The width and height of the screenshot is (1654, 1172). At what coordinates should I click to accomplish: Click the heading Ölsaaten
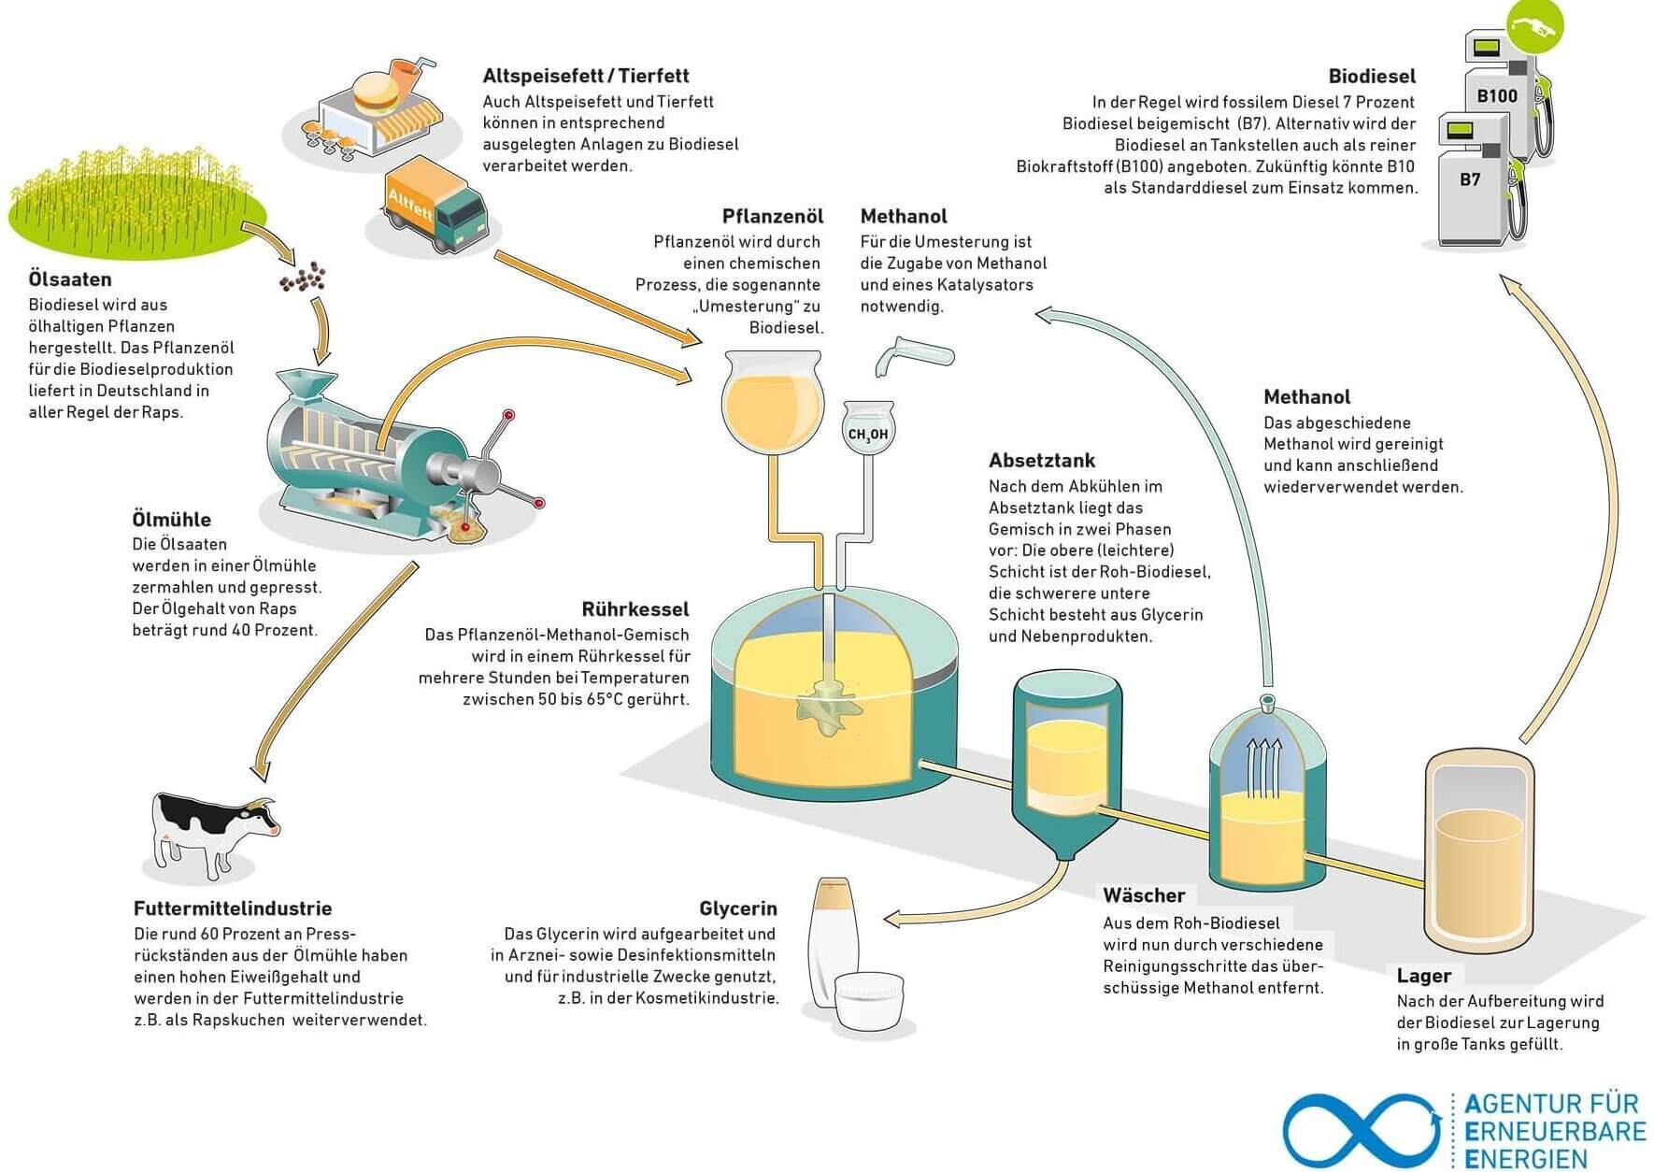[70, 279]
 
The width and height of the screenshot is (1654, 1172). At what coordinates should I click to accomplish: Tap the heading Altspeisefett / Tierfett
[586, 76]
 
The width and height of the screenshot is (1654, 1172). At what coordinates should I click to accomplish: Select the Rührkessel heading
[635, 609]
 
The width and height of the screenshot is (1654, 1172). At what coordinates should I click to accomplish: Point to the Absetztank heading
[1042, 460]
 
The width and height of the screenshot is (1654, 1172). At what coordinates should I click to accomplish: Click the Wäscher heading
[1144, 895]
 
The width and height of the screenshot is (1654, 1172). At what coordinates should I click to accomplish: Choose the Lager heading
[1424, 976]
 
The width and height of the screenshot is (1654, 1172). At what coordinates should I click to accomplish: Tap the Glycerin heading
[738, 908]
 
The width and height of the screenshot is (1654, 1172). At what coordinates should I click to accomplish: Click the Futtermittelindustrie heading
[233, 908]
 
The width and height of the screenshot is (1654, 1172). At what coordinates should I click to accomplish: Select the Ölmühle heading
[172, 520]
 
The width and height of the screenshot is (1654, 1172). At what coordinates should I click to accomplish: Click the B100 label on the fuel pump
[1497, 96]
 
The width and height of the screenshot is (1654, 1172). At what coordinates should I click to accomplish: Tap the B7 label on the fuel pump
[1470, 179]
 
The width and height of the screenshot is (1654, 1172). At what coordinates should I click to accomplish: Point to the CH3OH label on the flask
[868, 435]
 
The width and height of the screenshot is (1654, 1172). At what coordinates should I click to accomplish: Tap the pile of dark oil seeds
[304, 277]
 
